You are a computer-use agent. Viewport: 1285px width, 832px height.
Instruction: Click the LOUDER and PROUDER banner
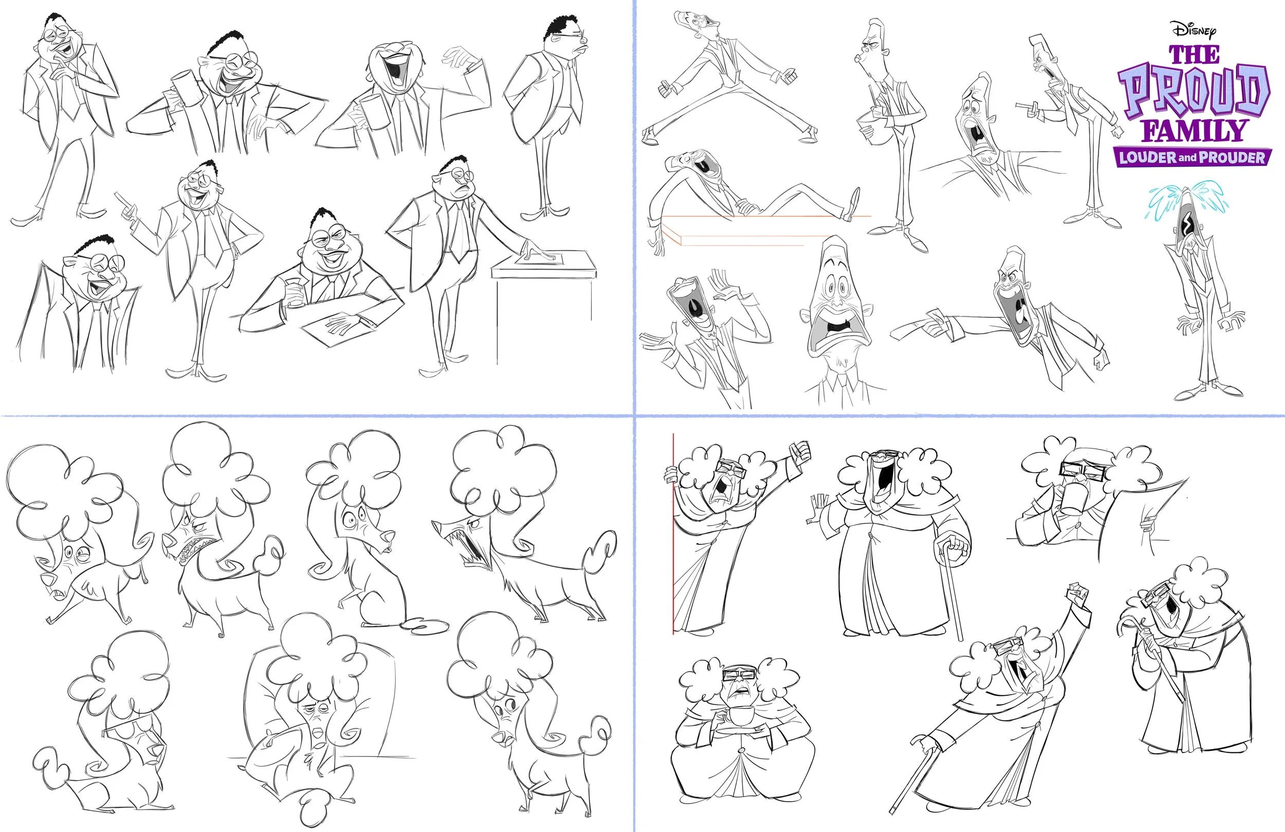[x=1192, y=157]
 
